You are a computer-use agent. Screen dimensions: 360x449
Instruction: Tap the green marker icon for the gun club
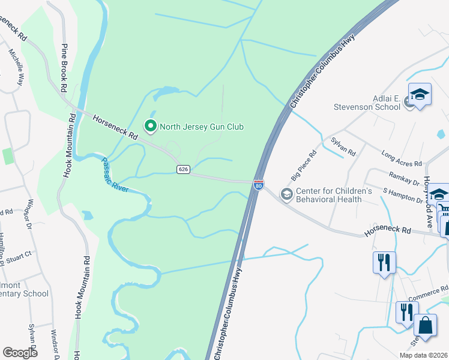pyautogui.click(x=149, y=126)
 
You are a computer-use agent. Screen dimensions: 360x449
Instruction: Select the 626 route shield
pyautogui.click(x=184, y=170)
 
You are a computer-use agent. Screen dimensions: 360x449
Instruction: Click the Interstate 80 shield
pyautogui.click(x=258, y=186)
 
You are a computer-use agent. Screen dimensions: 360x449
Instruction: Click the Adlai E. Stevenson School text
pyautogui.click(x=367, y=101)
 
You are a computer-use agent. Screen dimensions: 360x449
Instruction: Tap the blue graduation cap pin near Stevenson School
pyautogui.click(x=420, y=95)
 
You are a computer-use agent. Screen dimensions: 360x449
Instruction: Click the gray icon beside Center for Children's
pyautogui.click(x=286, y=194)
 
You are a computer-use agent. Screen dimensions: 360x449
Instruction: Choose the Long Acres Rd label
pyautogui.click(x=402, y=154)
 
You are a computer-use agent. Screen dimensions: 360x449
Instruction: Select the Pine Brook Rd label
pyautogui.click(x=63, y=68)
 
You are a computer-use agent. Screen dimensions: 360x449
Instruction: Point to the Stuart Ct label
pyautogui.click(x=20, y=256)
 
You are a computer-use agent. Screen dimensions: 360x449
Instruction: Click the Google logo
pyautogui.click(x=20, y=353)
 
